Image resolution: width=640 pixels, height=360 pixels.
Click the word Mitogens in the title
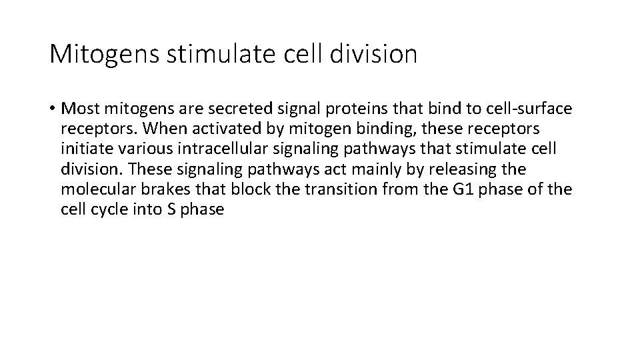click(x=103, y=54)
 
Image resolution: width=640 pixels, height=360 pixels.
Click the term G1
click(x=465, y=189)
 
